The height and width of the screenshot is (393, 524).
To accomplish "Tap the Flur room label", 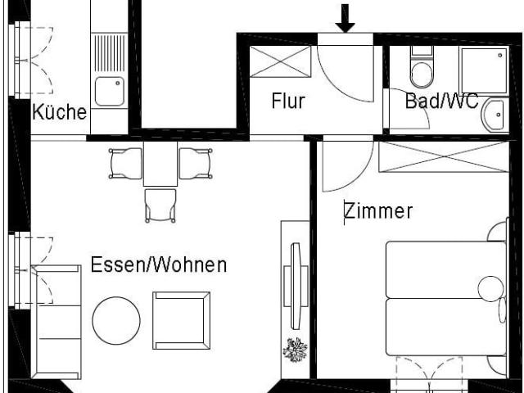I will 287,102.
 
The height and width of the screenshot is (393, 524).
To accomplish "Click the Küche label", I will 59,112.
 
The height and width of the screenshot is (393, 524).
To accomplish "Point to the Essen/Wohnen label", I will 158,265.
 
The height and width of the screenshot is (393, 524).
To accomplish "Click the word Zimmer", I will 377,211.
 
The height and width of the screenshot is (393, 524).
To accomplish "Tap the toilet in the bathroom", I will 422,70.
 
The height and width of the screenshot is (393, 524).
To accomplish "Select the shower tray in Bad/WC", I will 483,70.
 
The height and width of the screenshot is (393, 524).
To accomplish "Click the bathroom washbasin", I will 495,115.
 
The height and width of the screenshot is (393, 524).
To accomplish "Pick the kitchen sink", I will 109,91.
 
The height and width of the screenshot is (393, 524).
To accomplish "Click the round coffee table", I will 116,320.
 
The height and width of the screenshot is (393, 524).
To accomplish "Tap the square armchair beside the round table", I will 181,320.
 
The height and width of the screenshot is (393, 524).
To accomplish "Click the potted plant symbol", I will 295,350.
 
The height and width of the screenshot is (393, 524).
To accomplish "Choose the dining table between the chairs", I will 160,163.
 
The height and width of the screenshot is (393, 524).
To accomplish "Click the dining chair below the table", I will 160,204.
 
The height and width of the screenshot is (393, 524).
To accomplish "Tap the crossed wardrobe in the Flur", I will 280,62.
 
